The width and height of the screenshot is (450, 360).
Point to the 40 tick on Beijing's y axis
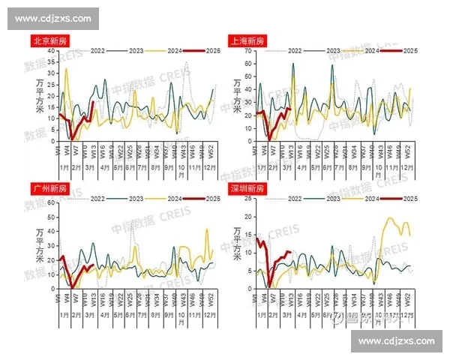click(x=52, y=50)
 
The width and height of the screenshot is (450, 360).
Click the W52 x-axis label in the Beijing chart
click(x=211, y=151)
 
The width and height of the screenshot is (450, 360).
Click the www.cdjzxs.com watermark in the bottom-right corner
click(x=397, y=341)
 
